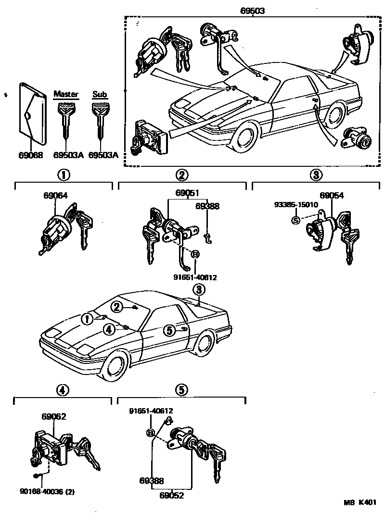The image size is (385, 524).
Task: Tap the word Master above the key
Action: (66, 94)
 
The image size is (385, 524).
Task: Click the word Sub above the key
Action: (100, 94)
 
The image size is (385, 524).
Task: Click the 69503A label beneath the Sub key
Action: (103, 155)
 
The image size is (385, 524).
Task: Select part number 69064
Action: (55, 196)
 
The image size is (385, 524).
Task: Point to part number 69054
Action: (332, 196)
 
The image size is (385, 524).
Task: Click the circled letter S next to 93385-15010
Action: (295, 220)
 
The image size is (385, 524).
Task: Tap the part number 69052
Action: (172, 496)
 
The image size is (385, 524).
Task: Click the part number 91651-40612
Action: (151, 411)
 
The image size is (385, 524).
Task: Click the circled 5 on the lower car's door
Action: (168, 330)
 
